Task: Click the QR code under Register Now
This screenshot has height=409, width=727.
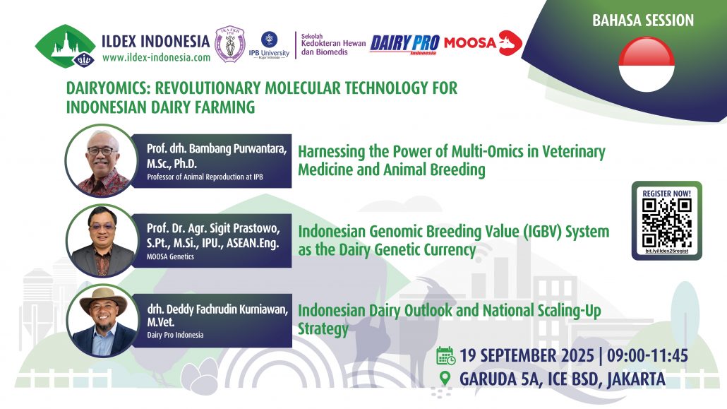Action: click(667, 223)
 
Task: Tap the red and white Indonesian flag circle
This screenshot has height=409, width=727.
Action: click(647, 64)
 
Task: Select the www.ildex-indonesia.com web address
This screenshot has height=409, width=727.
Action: click(156, 57)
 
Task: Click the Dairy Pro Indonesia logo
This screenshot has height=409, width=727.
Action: click(404, 45)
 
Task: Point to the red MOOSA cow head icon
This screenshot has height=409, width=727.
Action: click(510, 43)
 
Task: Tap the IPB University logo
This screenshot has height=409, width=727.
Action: click(269, 45)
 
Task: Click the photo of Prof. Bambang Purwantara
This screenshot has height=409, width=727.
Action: click(102, 160)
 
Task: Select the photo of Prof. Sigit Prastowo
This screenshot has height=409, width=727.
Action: click(102, 240)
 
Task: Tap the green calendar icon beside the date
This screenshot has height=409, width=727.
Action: click(446, 356)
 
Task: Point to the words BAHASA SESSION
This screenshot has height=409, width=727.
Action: click(643, 20)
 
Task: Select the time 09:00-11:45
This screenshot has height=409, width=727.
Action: click(647, 356)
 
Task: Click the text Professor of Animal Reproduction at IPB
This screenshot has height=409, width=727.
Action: click(205, 177)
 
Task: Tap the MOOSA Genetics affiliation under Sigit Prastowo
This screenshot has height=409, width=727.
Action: click(170, 256)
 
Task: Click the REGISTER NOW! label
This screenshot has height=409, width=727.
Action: click(667, 193)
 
